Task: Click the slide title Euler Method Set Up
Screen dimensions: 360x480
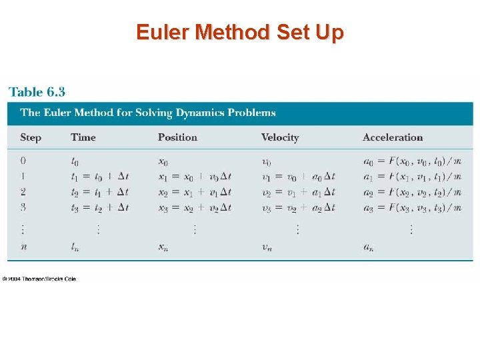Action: pos(240,32)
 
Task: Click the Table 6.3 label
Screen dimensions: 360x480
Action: pos(37,92)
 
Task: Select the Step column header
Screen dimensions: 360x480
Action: pos(31,137)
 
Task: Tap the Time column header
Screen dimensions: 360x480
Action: pos(83,137)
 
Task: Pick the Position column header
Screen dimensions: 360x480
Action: pos(177,137)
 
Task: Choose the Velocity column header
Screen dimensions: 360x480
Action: pos(280,137)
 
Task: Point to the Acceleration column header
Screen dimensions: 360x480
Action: pos(393,137)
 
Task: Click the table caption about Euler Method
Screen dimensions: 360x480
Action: pos(148,113)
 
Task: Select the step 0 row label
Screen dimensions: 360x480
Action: pos(23,161)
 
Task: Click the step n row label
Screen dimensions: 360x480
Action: pos(23,247)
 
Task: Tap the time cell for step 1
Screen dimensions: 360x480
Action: pos(100,177)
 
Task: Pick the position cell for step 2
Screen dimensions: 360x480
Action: pos(194,192)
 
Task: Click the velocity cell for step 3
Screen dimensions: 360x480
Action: pos(297,207)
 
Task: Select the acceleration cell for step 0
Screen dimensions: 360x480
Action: pos(412,161)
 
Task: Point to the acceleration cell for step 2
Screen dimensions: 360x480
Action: pos(412,192)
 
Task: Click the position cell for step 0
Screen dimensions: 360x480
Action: pos(163,161)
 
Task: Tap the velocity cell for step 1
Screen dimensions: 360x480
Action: pos(297,177)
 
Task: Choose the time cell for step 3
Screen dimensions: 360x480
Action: pos(100,207)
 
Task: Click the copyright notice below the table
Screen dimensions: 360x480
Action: pos(39,279)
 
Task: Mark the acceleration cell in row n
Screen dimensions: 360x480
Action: pos(368,247)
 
